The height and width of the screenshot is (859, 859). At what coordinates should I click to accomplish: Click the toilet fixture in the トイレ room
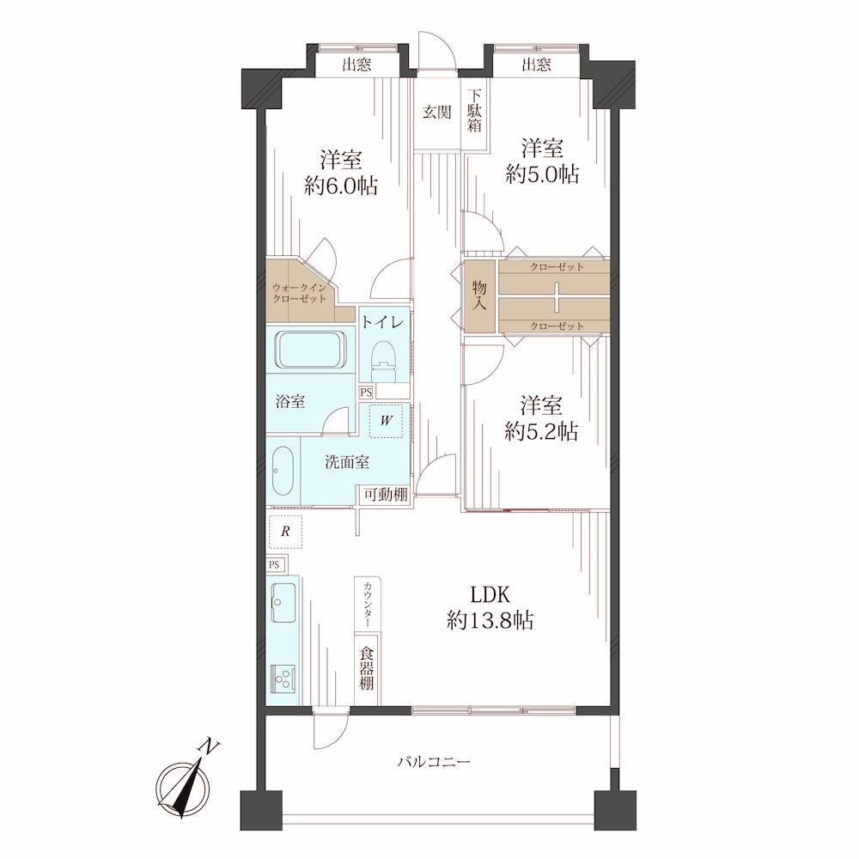click(x=383, y=361)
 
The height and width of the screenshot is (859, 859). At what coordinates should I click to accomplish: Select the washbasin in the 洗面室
click(x=283, y=471)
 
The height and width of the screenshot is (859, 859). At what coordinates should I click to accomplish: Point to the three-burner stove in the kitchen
click(x=283, y=680)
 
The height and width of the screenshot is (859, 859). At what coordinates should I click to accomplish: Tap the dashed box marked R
click(x=285, y=532)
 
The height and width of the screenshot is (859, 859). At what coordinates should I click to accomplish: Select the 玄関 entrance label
click(x=436, y=113)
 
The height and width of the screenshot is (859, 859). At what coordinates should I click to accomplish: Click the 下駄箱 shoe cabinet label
click(x=474, y=110)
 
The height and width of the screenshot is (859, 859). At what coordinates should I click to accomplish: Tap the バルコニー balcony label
click(x=435, y=762)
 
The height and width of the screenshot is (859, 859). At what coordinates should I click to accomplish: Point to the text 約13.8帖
click(x=490, y=621)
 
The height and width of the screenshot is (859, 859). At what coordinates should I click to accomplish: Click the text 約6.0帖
click(x=341, y=186)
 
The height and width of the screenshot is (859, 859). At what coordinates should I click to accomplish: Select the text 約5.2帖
click(x=540, y=432)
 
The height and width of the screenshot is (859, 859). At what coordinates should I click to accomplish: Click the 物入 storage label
click(x=479, y=295)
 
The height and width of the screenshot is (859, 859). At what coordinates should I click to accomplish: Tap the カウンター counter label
click(x=367, y=604)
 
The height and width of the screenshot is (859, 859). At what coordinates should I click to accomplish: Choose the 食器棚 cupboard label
click(x=367, y=669)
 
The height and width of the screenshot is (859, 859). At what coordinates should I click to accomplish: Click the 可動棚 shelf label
click(x=387, y=495)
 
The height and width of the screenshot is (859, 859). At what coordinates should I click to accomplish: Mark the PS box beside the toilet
click(x=366, y=393)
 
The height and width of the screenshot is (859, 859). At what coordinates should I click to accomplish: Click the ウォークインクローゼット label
click(x=299, y=293)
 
